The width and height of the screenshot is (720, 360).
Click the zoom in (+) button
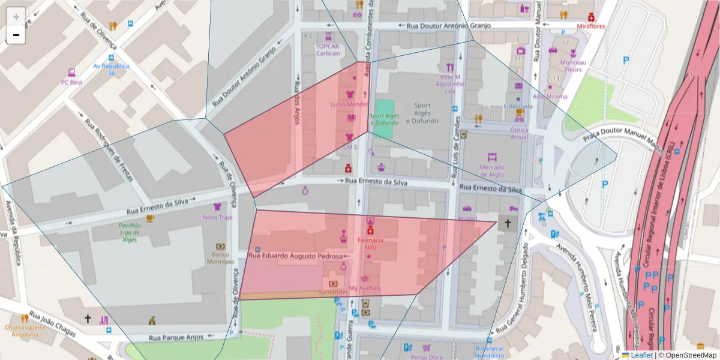click(x=16, y=17)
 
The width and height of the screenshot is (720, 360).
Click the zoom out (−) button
click(x=16, y=35)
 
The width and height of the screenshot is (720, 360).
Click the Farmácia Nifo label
click(x=370, y=243)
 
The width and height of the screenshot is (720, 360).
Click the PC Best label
click(x=71, y=82)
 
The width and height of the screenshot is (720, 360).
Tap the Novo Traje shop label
click(x=217, y=217)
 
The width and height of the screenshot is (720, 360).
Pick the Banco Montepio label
click(x=220, y=257)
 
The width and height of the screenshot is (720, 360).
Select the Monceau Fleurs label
click(x=573, y=65)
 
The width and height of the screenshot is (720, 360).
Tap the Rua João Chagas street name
click(x=52, y=324)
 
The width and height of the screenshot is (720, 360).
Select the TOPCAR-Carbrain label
click(x=328, y=49)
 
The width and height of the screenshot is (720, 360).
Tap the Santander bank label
click(x=333, y=292)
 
